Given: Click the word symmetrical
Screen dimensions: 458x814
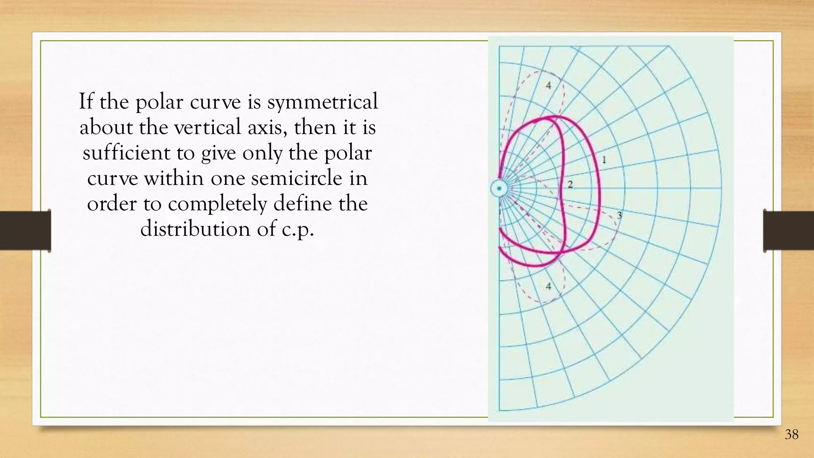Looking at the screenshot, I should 322,102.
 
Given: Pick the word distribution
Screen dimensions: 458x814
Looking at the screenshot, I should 195,229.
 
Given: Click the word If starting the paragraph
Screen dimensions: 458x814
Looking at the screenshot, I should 85,101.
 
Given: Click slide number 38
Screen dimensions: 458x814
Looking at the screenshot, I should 791,435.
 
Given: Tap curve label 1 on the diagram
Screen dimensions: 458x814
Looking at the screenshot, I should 604,160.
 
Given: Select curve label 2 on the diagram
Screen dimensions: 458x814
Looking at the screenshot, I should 570,184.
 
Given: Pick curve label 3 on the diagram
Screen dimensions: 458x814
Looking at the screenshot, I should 619,215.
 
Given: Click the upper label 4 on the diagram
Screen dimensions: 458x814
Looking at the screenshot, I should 549,85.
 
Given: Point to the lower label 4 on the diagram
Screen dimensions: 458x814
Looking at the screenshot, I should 549,286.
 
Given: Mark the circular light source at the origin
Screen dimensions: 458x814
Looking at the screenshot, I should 499,188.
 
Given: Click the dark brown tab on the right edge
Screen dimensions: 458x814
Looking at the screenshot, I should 789,231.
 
